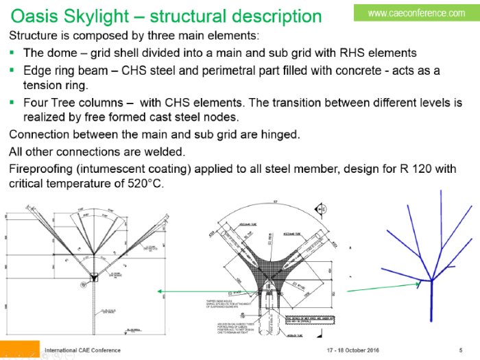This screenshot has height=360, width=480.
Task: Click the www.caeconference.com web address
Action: coord(426,13)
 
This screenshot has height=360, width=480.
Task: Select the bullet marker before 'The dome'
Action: coord(12,53)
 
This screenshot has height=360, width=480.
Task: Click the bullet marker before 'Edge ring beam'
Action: coord(12,71)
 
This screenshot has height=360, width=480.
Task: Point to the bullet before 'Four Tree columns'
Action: coord(12,103)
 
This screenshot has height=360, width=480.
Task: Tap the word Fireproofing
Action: coord(45,168)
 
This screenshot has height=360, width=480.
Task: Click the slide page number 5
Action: coord(460,350)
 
